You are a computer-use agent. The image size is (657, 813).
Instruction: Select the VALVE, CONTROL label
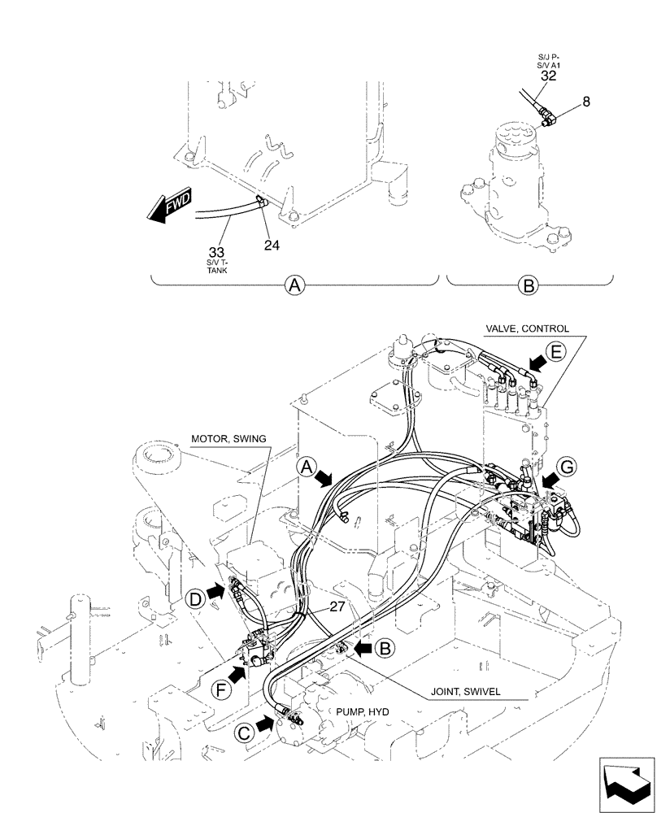pyautogui.click(x=527, y=328)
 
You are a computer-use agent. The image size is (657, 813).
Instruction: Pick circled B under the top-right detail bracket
pyautogui.click(x=528, y=285)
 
